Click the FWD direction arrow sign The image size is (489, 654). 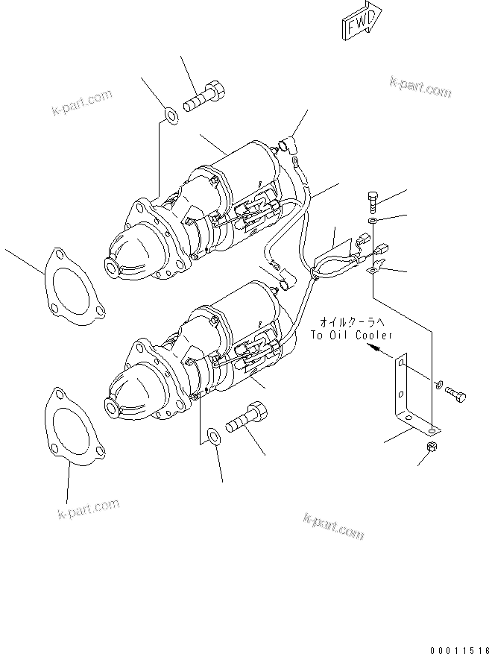pos(362,25)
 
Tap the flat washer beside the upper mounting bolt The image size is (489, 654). pos(170,115)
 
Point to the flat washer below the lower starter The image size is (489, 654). pos(212,434)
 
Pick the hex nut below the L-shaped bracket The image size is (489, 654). pos(430,447)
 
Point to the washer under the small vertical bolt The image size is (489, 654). pos(373,222)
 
